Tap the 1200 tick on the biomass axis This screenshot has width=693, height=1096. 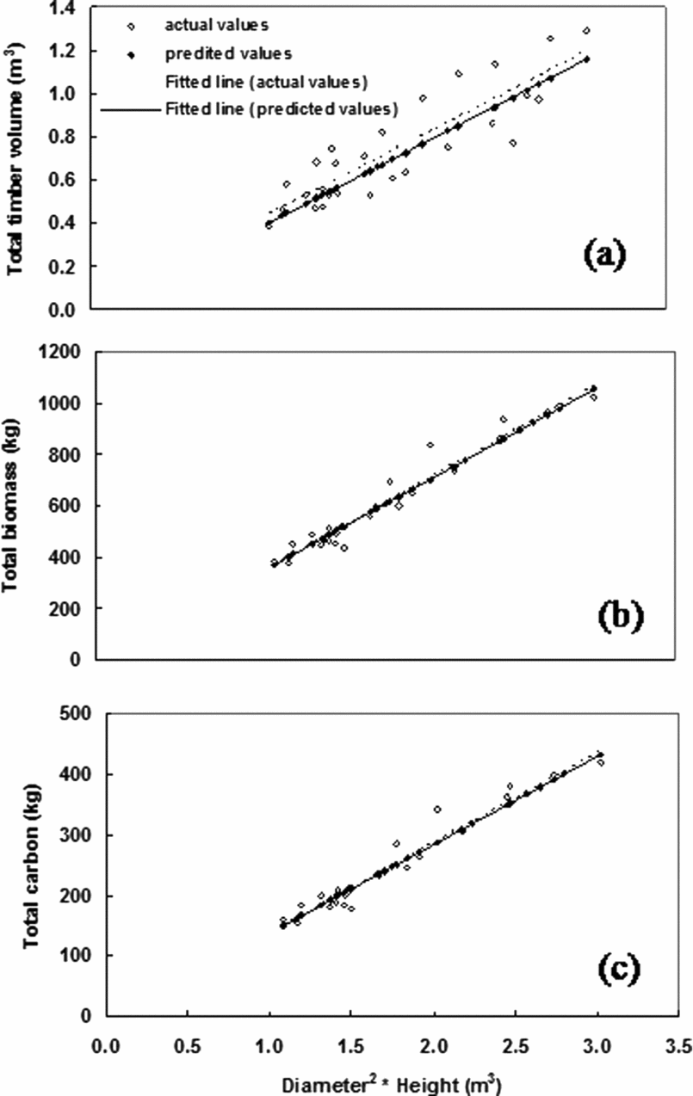coord(65,352)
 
